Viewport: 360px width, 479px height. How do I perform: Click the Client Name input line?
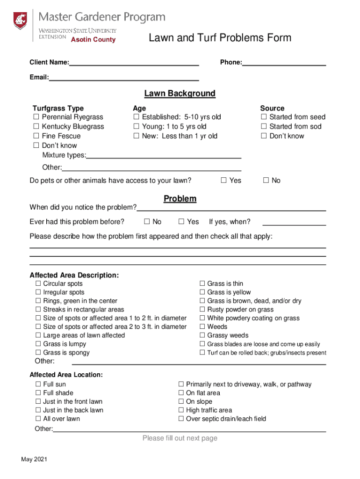point(134,63)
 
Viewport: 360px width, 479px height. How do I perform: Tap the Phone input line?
point(284,63)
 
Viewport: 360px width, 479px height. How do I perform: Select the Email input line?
point(124,78)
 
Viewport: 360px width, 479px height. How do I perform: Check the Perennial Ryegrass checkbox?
point(36,117)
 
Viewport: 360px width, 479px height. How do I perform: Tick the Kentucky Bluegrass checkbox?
point(36,127)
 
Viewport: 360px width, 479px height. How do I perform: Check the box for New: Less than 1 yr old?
point(137,136)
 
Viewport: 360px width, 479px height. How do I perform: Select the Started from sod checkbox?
point(264,127)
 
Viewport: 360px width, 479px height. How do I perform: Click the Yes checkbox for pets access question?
point(223,181)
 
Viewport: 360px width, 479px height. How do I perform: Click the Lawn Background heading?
point(180,94)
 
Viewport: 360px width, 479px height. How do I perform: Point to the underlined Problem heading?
point(180,199)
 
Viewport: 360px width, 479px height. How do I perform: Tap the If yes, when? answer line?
point(294,222)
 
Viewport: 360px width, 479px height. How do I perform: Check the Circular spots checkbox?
point(38,284)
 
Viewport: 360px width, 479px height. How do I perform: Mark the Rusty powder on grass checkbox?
point(202,310)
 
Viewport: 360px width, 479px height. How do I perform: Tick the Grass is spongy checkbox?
point(38,353)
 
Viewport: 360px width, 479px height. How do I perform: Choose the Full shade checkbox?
point(38,393)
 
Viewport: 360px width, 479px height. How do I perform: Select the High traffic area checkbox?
point(181,410)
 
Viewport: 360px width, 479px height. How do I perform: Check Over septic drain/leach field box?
point(181,419)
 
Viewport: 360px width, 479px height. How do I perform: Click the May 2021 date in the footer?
point(34,459)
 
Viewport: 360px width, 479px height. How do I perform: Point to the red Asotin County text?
point(93,40)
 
